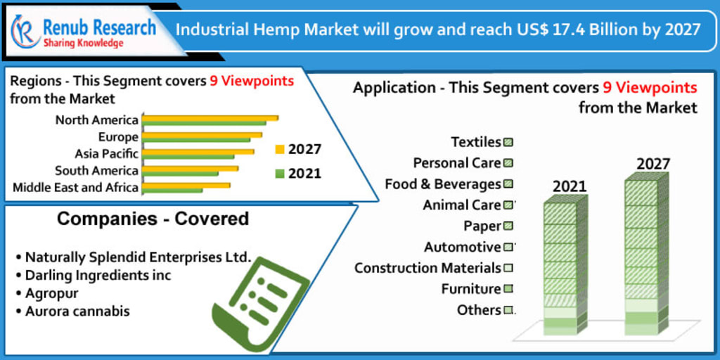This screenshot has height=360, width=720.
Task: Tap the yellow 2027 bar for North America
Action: point(210,117)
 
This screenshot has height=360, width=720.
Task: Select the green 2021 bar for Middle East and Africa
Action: point(172,190)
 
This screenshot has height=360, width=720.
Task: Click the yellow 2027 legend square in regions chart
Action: point(279,149)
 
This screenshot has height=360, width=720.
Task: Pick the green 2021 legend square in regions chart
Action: point(279,173)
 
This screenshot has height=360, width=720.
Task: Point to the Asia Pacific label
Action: point(107,153)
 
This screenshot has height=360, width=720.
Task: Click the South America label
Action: point(97,171)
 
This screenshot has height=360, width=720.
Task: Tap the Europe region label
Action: point(118,137)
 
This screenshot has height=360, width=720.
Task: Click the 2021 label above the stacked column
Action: point(569,187)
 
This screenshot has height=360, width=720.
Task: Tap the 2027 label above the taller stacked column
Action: point(653,165)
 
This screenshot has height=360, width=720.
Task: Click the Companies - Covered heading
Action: point(153,219)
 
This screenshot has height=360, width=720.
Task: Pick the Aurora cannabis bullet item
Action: point(77,311)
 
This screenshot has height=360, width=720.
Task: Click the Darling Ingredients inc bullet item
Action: point(98,275)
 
